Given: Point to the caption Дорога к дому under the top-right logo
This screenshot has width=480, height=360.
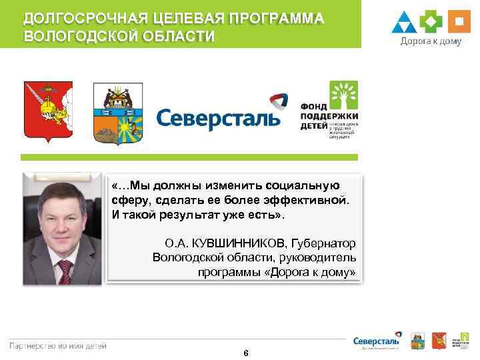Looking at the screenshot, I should click(x=430, y=41).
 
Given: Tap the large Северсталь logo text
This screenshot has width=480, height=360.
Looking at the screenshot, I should click(x=219, y=119).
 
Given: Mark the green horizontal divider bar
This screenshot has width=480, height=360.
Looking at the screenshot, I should click(x=189, y=157).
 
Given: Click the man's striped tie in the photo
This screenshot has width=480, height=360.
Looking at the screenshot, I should click(x=65, y=271).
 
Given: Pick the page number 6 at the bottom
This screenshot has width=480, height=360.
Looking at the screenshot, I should click(x=246, y=353).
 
